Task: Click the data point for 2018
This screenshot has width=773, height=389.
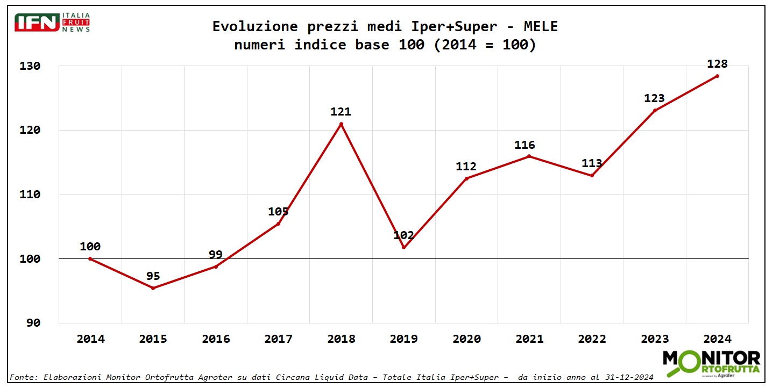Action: pyautogui.click(x=341, y=124)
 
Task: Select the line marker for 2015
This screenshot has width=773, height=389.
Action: pyautogui.click(x=153, y=288)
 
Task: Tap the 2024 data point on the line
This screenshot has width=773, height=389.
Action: pyautogui.click(x=717, y=76)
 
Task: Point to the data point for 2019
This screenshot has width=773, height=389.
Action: pyautogui.click(x=403, y=247)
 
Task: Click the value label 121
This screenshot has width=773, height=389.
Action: pyautogui.click(x=341, y=112)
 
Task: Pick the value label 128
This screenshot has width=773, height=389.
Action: pyautogui.click(x=717, y=64)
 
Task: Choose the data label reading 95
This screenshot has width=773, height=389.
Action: pyautogui.click(x=153, y=276)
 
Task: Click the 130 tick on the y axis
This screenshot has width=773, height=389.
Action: pyautogui.click(x=31, y=66)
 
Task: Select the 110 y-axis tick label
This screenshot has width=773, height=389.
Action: pyautogui.click(x=31, y=195)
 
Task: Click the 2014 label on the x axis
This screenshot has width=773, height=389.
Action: pyautogui.click(x=90, y=339)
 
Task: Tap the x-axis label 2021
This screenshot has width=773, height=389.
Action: pyautogui.click(x=529, y=339)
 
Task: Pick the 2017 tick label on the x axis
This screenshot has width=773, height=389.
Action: pyautogui.click(x=279, y=339)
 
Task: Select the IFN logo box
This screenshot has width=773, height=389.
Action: pyautogui.click(x=37, y=23)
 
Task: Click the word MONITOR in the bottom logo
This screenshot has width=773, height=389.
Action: pyautogui.click(x=711, y=358)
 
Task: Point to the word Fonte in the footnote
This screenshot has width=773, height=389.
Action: pyautogui.click(x=20, y=378)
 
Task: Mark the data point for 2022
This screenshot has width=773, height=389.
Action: pyautogui.click(x=592, y=175)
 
